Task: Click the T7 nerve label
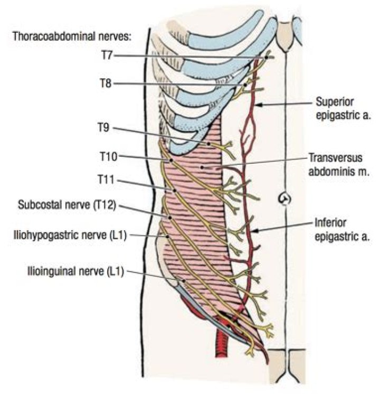tap(107, 55)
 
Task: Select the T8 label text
tap(106, 83)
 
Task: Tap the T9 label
tap(103, 128)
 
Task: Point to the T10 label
tap(109, 156)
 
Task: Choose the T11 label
tap(106, 180)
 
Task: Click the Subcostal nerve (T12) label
tap(67, 205)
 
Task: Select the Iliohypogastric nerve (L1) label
tap(70, 236)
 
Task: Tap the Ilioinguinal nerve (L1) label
tap(75, 271)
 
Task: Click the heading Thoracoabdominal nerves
tap(72, 36)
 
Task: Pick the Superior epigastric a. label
tap(343, 109)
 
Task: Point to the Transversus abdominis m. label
tap(339, 165)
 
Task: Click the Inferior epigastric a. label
tap(342, 230)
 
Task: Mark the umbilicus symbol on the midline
tap(284, 199)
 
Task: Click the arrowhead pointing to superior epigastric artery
tap(258, 105)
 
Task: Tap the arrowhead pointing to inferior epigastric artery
tap(255, 231)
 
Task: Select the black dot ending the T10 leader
tap(172, 161)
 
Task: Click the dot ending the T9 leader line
tap(208, 144)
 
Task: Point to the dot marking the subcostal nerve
tap(170, 218)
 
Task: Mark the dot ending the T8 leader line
tap(245, 85)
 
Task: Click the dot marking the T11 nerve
tap(174, 191)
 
